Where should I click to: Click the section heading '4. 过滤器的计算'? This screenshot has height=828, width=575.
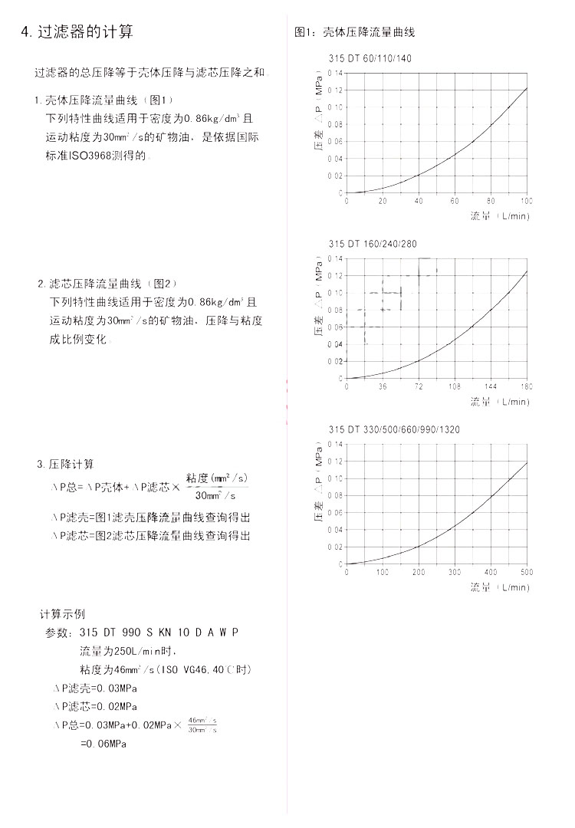[x=77, y=31]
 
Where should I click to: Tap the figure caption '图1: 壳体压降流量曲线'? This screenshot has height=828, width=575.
[x=355, y=32]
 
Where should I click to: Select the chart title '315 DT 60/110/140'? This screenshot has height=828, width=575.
[x=370, y=59]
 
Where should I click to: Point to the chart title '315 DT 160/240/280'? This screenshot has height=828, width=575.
[x=373, y=244]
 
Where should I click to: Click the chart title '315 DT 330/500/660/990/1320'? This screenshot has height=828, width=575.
[x=394, y=429]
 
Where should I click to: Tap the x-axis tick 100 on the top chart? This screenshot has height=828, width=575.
[x=526, y=201]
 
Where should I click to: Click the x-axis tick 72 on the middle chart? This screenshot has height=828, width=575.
[x=419, y=386]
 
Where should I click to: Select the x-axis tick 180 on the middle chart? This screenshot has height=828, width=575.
[x=526, y=386]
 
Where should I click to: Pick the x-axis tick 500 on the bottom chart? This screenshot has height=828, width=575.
[x=527, y=572]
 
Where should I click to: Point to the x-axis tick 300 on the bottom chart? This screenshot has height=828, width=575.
[x=455, y=572]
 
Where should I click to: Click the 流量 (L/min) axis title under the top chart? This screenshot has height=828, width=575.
[x=499, y=216]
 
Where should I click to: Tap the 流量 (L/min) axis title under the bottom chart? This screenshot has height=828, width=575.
[x=499, y=587]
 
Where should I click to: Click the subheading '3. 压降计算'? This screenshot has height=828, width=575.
[x=66, y=465]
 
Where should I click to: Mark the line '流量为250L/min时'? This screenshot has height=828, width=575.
[x=128, y=651]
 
